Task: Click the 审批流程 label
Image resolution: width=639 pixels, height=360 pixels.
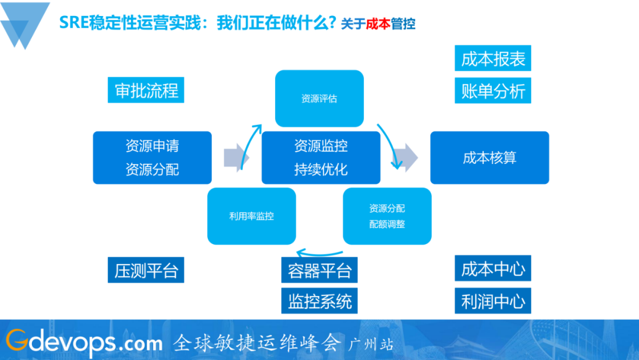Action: click(x=146, y=91)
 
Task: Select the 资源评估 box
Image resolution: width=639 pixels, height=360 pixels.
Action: click(x=319, y=98)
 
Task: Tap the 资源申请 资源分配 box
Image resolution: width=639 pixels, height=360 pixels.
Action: click(x=152, y=157)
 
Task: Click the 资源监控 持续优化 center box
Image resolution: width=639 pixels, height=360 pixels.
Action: click(x=321, y=157)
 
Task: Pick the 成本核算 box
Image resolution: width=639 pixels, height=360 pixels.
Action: click(x=489, y=157)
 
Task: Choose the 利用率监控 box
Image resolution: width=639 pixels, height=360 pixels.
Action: click(x=251, y=216)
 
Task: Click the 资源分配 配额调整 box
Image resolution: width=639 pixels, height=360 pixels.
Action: click(x=387, y=216)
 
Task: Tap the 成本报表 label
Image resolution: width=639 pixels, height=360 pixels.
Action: click(x=493, y=59)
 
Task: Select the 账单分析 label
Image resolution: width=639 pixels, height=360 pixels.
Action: click(x=493, y=91)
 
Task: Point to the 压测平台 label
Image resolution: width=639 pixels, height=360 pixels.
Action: click(x=146, y=271)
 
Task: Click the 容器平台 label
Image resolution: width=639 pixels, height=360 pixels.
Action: click(x=319, y=271)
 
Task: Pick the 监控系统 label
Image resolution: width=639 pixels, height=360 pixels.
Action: click(x=319, y=301)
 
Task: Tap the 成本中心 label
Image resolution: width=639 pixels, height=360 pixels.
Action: click(x=493, y=269)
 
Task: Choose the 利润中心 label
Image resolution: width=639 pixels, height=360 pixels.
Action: click(x=493, y=301)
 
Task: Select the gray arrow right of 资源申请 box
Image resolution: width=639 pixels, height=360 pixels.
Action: click(x=236, y=157)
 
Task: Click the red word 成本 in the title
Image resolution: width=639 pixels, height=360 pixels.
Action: click(x=379, y=24)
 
